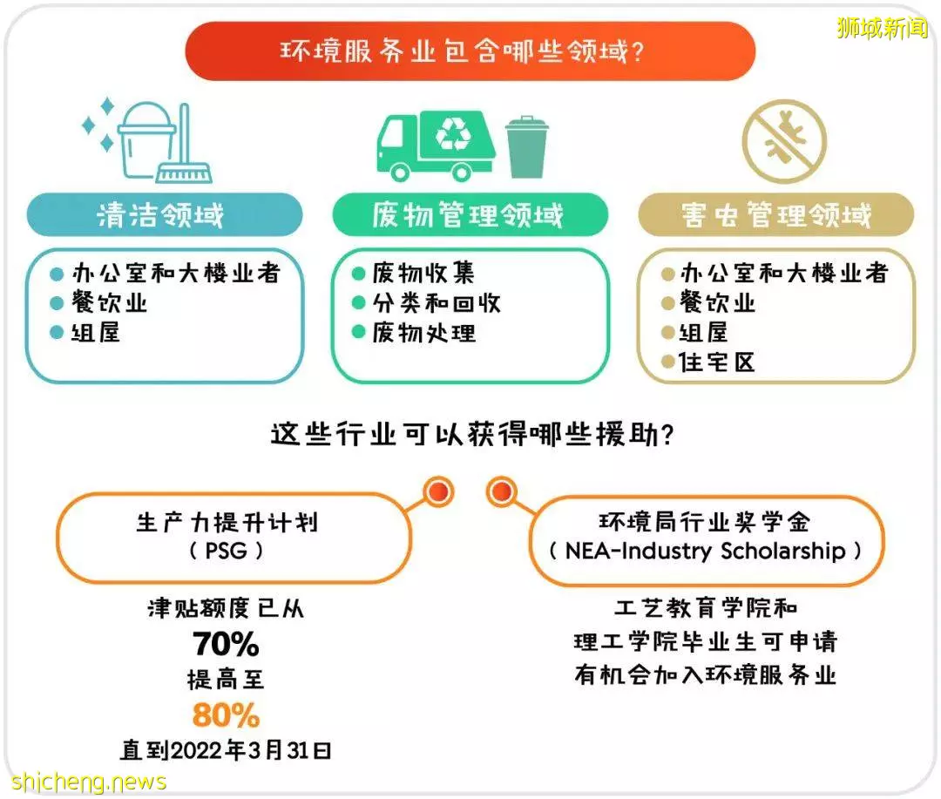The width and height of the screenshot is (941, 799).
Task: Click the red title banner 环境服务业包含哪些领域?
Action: pos(470,51)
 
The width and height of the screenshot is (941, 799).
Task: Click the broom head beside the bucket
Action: pos(184,173)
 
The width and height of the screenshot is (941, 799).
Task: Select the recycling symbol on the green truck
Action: pos(454,133)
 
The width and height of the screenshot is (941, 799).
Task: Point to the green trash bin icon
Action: pos(526,147)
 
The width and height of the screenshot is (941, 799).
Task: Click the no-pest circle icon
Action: pos(784,142)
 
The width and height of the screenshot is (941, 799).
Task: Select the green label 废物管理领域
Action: pos(470,214)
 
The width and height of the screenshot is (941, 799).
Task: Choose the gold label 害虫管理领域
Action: pos(776,214)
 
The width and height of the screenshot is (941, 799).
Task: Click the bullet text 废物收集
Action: pos(423,273)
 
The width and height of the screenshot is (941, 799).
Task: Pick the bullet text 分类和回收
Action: pos(437,303)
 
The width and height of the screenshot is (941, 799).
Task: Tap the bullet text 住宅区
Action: pos(716,362)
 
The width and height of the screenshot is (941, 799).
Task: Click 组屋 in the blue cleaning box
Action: pos(96,332)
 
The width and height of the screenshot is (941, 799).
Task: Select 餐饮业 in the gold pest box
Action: pos(717,302)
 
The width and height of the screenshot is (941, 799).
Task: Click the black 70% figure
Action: pos(227,644)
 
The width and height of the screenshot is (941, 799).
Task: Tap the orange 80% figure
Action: pos(227,715)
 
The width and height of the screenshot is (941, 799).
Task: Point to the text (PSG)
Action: pos(226,550)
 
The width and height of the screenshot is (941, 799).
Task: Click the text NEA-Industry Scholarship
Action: pos(705,551)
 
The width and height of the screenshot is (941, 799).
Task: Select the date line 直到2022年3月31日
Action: pos(226,750)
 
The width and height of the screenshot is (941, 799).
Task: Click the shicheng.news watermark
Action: pos(89,782)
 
